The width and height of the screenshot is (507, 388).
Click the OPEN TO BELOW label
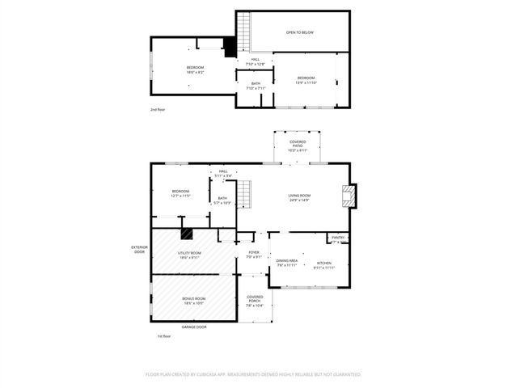tap(299, 32)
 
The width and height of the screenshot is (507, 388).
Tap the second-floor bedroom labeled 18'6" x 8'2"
tap(195, 70)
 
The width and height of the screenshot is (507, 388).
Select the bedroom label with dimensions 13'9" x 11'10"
tap(306, 79)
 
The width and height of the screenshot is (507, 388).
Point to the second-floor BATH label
tap(256, 86)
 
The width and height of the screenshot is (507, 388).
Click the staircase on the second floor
tap(230, 48)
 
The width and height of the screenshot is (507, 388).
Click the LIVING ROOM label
tap(299, 197)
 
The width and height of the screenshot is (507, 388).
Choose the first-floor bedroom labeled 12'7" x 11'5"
tap(180, 193)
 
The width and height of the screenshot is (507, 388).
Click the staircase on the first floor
tap(244, 194)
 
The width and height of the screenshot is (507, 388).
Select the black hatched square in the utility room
tap(186, 234)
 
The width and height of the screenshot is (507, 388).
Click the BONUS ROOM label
tap(193, 300)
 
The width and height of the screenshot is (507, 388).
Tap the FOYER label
tap(253, 255)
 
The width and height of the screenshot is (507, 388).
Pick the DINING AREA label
tap(287, 263)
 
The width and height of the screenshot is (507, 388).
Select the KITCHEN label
tap(323, 264)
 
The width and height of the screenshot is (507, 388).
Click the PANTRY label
tap(338, 238)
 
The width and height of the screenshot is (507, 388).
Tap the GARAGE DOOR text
tap(193, 327)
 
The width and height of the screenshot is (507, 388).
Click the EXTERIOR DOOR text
tap(140, 250)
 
